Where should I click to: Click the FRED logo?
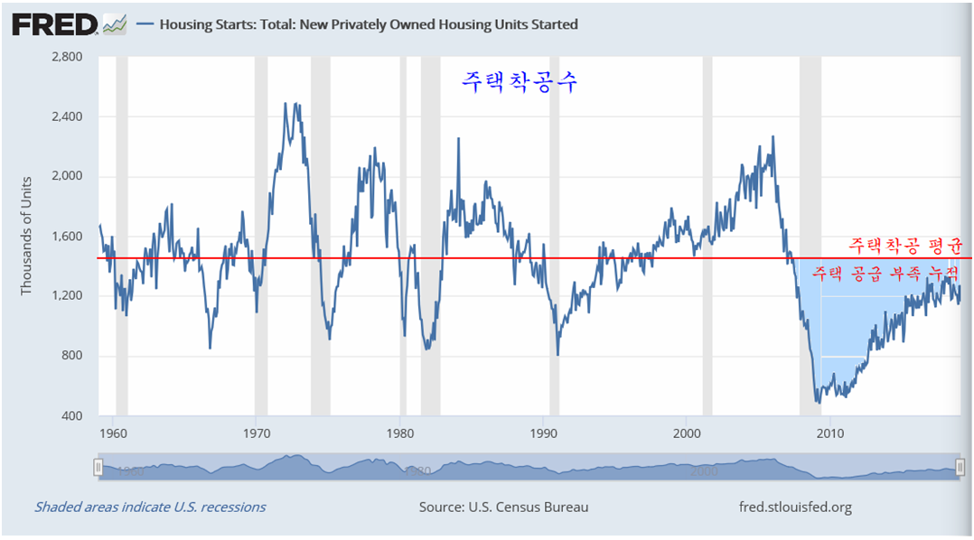coord(55,24)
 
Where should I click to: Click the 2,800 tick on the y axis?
coord(65,57)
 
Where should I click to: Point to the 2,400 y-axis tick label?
coord(65,116)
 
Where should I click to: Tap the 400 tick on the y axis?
coord(71,415)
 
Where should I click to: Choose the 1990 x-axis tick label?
coord(543,433)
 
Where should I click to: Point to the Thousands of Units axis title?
coord(26,236)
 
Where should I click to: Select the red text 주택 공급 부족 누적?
coord(885,271)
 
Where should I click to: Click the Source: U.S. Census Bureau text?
coord(503,507)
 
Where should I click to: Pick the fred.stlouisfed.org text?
coord(795,507)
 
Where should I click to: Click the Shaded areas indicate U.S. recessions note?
coord(150,507)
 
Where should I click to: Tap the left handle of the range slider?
coord(98,467)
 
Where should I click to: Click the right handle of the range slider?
coord(960,467)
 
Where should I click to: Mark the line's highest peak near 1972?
coord(286,103)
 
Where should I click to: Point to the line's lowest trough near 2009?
coord(818,402)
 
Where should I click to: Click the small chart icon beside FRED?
coord(115,24)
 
